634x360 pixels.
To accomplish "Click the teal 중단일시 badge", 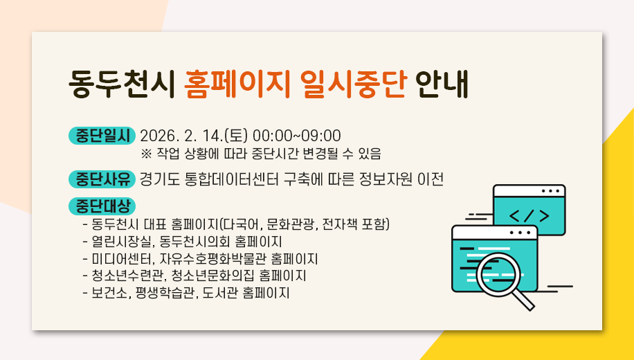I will pyautogui.click(x=102, y=135).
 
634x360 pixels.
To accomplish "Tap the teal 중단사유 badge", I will pyautogui.click(x=102, y=179).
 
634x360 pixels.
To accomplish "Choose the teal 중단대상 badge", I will pyautogui.click(x=102, y=206).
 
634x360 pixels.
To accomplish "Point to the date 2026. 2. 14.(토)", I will pyautogui.click(x=194, y=135).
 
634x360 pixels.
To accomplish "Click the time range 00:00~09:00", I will pyautogui.click(x=297, y=135).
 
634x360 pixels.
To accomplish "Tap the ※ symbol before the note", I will pyautogui.click(x=146, y=152).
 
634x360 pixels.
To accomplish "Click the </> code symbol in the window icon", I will pyautogui.click(x=529, y=215).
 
